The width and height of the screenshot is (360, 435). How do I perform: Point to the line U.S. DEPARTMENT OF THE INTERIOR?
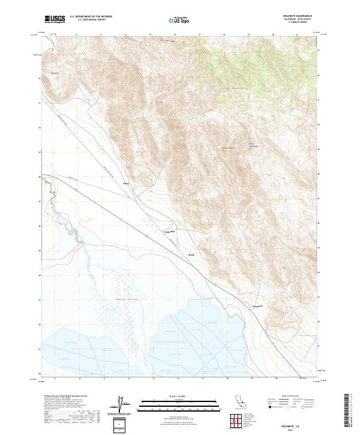click(x=91, y=17)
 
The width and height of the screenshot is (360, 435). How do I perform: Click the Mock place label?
click(x=192, y=254)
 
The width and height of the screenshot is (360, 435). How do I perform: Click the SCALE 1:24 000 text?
click(x=172, y=396)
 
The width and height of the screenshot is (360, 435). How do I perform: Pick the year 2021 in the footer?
click(x=307, y=428)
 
